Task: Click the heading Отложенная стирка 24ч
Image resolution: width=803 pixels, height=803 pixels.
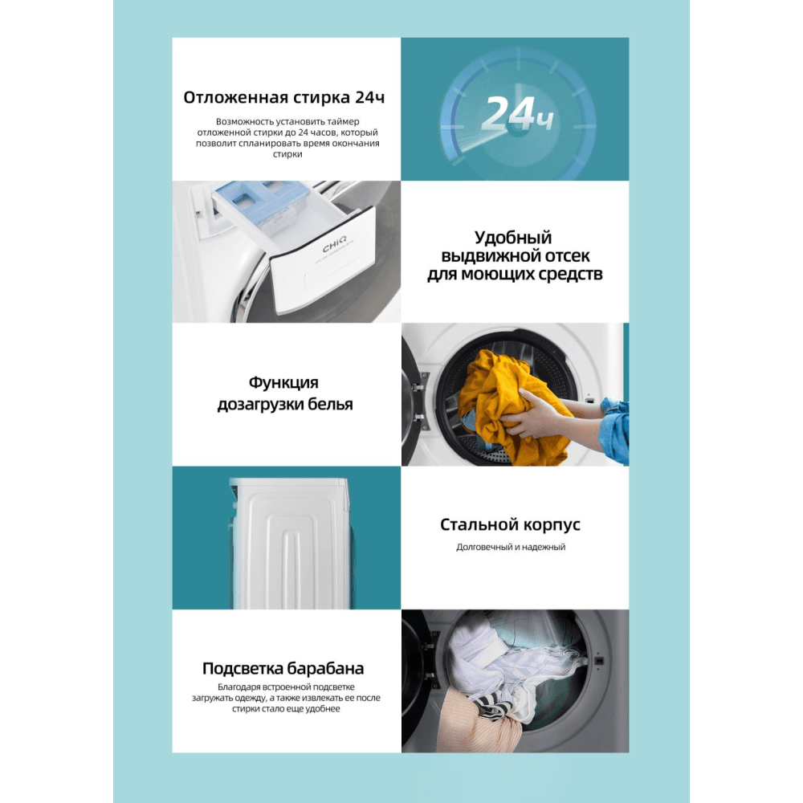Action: tap(283, 97)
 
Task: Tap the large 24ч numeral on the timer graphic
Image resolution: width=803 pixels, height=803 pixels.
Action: tap(517, 114)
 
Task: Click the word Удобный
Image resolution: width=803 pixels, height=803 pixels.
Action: tap(512, 238)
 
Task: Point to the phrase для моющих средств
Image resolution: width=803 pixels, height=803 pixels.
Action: tap(515, 274)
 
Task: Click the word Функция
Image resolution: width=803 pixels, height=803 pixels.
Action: tap(283, 382)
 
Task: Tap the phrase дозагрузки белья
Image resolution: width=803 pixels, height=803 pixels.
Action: tap(285, 404)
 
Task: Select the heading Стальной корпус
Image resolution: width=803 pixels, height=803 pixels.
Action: tap(510, 524)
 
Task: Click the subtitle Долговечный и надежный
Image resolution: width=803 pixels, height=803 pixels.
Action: tap(511, 547)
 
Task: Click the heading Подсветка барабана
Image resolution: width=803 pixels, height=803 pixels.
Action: tap(283, 668)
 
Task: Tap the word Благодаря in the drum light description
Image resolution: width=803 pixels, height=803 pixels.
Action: tap(236, 687)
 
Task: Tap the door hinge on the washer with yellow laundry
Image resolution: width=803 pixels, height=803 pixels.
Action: tap(421, 398)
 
